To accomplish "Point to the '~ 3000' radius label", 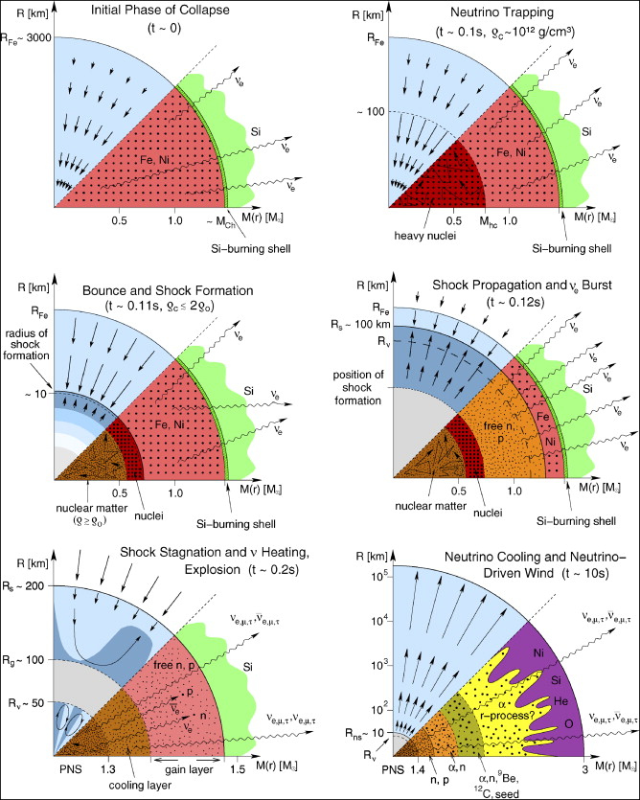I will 26,39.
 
